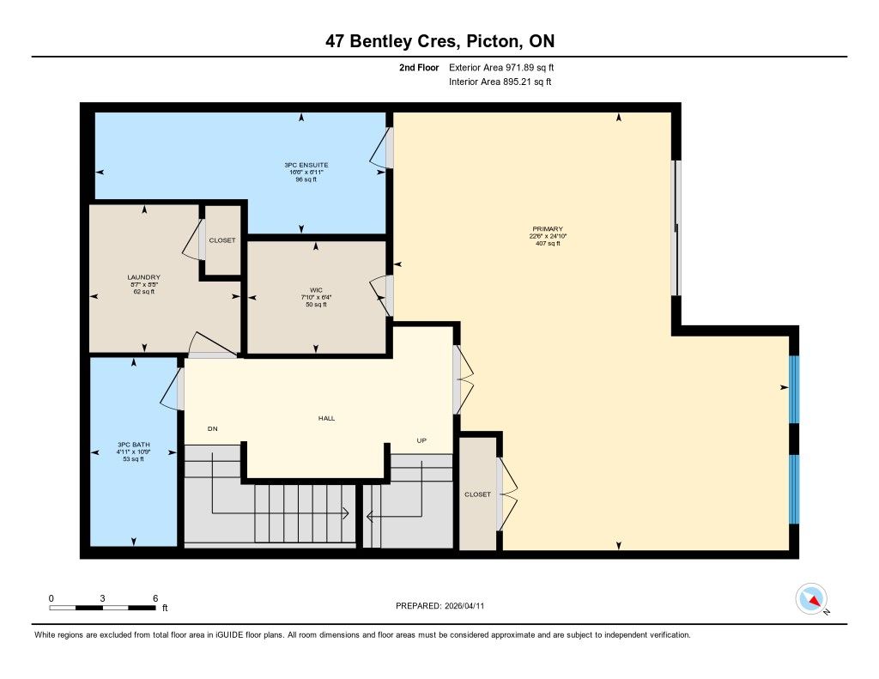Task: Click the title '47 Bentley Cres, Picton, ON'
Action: [440, 41]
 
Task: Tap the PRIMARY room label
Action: [548, 228]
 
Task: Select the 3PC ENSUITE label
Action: [306, 165]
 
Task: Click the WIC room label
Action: [316, 290]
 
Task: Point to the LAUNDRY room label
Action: [143, 277]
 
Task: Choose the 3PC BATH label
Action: [133, 445]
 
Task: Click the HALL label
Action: [326, 418]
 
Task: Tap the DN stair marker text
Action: [213, 429]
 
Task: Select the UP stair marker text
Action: [421, 440]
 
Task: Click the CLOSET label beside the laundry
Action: [222, 240]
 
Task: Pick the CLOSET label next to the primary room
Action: [477, 494]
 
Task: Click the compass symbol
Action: [811, 599]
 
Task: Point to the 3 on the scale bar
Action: [103, 598]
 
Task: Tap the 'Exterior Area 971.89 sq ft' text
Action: [501, 68]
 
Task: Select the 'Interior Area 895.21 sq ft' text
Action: [500, 82]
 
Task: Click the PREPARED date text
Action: [440, 606]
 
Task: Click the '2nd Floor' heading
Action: [419, 68]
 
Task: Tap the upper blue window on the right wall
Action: [794, 389]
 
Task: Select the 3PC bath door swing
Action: [172, 389]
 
